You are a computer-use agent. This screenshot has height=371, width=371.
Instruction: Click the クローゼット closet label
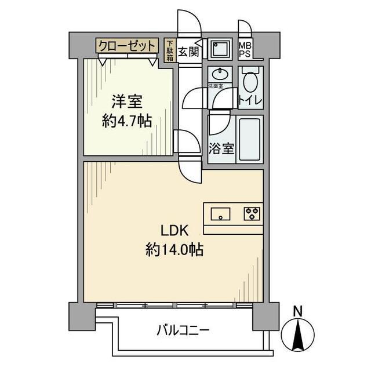click(x=127, y=45)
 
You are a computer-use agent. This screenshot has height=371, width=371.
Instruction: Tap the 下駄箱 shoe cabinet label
click(x=170, y=50)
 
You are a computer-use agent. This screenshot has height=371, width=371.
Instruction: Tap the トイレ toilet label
click(x=250, y=100)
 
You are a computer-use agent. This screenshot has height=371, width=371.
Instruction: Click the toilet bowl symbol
click(x=250, y=82)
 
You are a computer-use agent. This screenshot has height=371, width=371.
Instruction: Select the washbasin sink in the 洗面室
click(x=220, y=76)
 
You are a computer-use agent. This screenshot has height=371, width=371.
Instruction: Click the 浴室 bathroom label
click(x=221, y=148)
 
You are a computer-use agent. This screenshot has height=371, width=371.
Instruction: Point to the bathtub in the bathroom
click(x=250, y=140)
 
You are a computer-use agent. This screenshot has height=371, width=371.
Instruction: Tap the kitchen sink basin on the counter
click(x=220, y=214)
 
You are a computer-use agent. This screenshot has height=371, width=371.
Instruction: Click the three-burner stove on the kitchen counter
click(x=251, y=214)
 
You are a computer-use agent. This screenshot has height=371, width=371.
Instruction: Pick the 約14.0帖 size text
click(x=174, y=250)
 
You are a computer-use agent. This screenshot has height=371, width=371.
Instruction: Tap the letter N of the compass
click(x=297, y=311)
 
